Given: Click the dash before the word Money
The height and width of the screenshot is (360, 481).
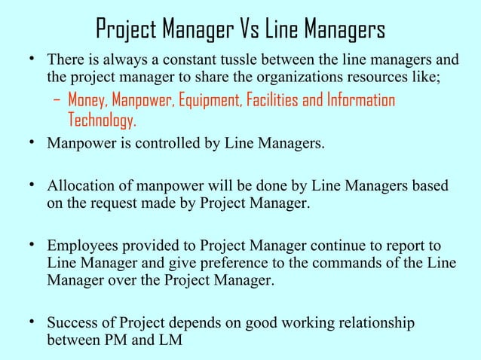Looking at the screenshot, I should click(x=58, y=101).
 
